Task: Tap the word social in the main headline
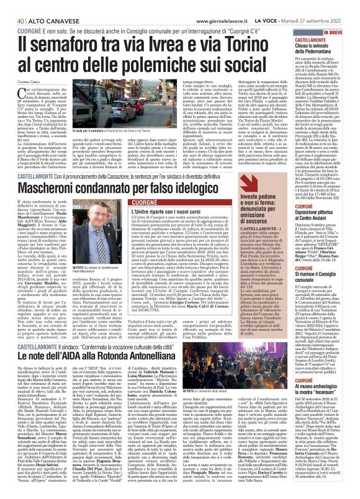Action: tap(263, 66)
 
